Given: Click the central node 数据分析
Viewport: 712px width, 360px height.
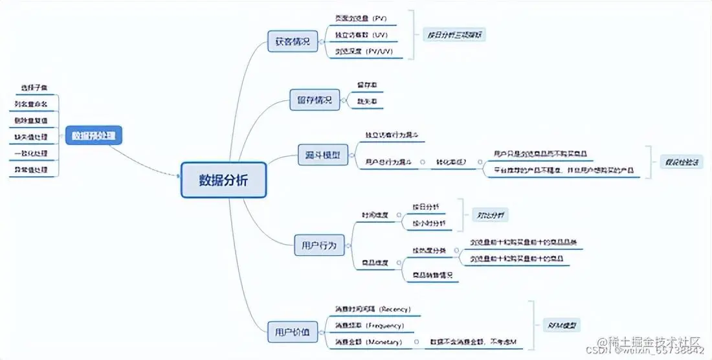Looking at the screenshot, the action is point(223,179).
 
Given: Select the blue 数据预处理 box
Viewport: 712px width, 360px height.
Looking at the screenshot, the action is point(94,135).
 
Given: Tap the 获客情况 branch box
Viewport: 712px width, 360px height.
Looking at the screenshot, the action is point(292,42).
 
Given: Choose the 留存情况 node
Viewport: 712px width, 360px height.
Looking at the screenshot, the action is point(314,100).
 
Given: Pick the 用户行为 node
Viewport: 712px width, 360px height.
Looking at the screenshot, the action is point(319,245).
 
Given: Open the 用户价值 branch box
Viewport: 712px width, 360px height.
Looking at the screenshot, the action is point(292,332).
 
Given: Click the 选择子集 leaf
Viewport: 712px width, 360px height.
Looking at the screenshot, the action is point(34,87).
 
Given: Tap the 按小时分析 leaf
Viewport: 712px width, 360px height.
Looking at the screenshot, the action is point(428,223).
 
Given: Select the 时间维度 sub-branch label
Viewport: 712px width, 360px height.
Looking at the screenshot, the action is point(375,215).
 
